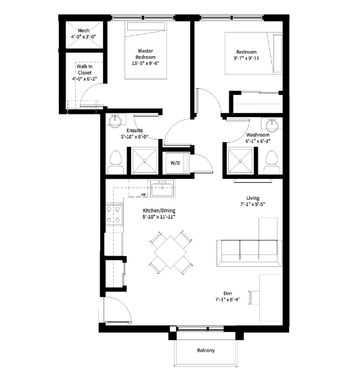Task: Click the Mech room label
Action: click(84, 30)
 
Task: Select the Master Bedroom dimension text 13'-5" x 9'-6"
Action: click(145, 64)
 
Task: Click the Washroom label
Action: click(258, 135)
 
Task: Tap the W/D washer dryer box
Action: click(175, 163)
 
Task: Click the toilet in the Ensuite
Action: click(114, 161)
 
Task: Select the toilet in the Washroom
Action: click(273, 160)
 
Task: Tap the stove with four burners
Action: click(114, 215)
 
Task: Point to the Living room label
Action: click(254, 197)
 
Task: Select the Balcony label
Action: click(206, 350)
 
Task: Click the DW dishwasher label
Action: click(144, 195)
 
